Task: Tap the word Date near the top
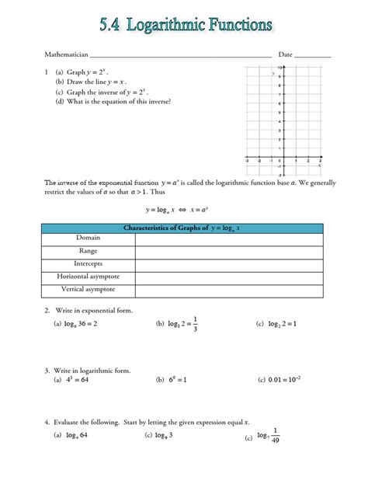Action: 285,55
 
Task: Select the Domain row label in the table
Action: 88,239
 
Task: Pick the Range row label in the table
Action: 88,251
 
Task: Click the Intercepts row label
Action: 88,264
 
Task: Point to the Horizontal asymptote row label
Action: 88,277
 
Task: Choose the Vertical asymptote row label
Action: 88,290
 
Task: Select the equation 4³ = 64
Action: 75,381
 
